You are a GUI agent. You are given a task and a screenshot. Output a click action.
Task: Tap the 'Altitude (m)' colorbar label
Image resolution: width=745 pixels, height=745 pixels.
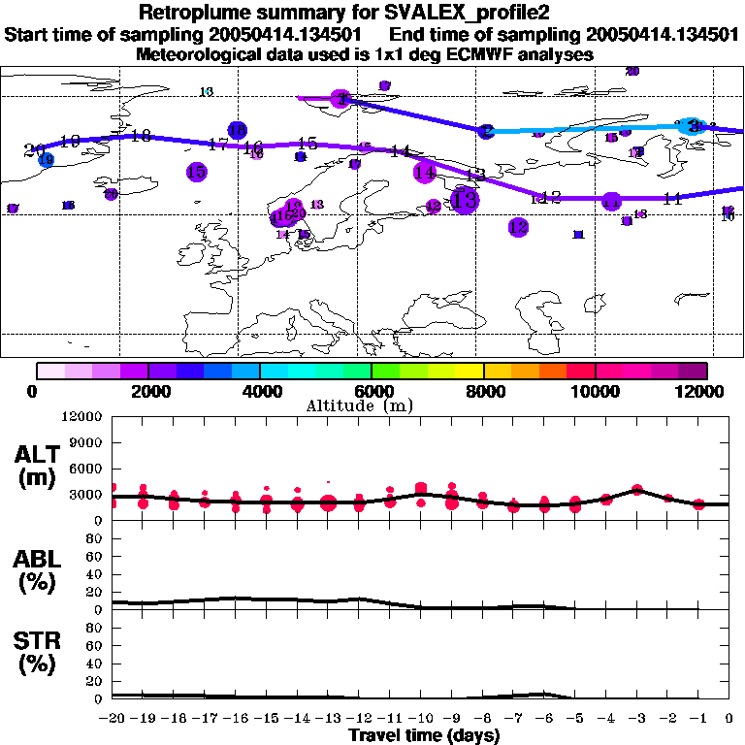point(372,405)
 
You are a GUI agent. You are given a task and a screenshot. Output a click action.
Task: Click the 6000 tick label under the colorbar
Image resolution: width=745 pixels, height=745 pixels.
point(371,391)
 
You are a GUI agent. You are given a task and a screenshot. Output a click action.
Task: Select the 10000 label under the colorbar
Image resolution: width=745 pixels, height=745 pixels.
point(594,391)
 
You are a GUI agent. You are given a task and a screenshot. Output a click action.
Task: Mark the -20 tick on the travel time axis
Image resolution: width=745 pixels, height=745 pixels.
point(113,719)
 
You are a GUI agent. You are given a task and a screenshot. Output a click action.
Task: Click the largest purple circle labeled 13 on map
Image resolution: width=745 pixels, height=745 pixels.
point(466,201)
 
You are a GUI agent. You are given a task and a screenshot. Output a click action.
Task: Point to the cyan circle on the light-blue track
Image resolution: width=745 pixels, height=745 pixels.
point(692,126)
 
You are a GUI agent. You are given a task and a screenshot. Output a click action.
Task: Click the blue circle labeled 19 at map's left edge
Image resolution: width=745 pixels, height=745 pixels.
point(46,160)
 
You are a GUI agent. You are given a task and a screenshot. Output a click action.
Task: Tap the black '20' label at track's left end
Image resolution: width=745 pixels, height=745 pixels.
point(34,149)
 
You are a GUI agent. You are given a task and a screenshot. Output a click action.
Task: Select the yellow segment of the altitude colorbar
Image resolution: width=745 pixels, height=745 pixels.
point(470,371)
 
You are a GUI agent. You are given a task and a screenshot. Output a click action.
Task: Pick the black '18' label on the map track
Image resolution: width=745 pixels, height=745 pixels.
point(141,136)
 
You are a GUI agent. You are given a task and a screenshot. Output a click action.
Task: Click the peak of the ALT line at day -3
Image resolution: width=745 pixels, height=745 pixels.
point(636,489)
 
